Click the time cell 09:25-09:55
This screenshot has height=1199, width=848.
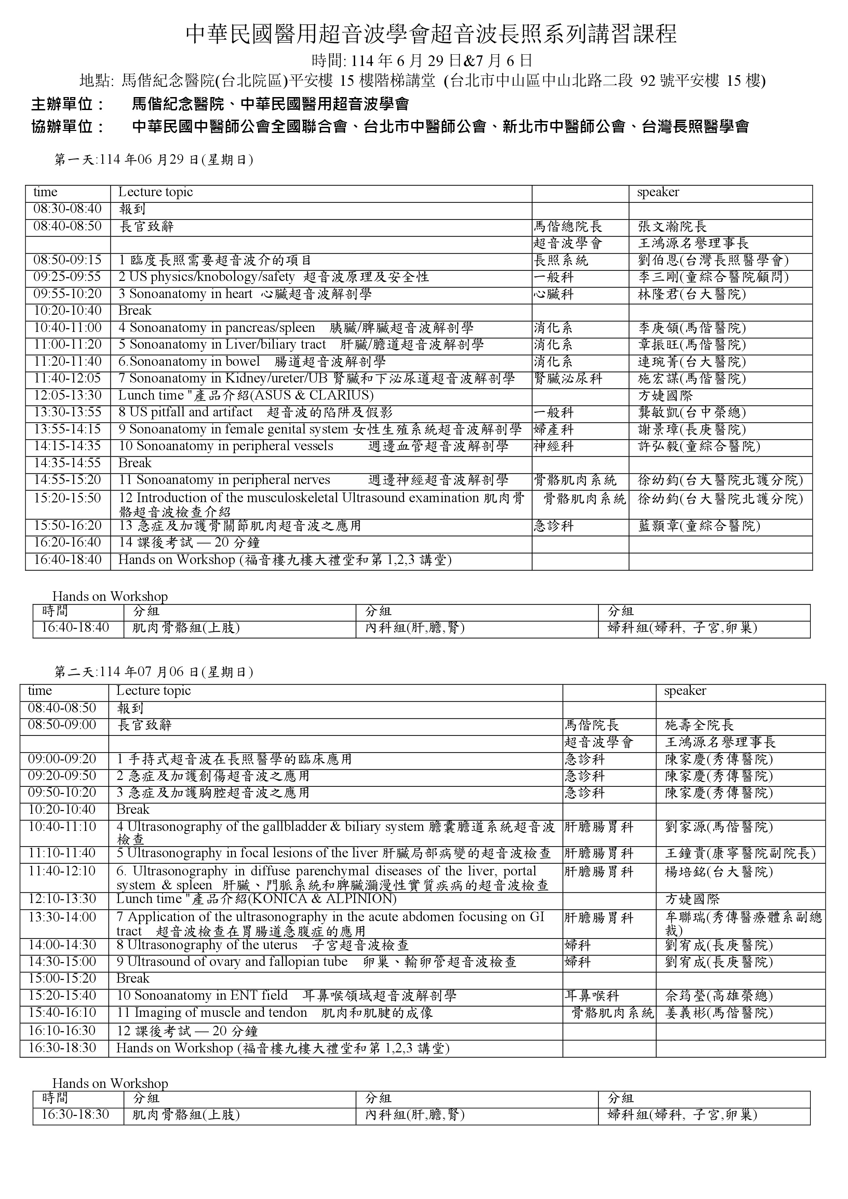coord(67,277)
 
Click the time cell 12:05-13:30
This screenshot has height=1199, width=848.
coord(67,395)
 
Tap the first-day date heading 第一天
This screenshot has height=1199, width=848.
coord(154,160)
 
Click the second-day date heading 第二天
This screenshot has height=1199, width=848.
coord(154,672)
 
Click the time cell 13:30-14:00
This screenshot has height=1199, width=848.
coord(62,917)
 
